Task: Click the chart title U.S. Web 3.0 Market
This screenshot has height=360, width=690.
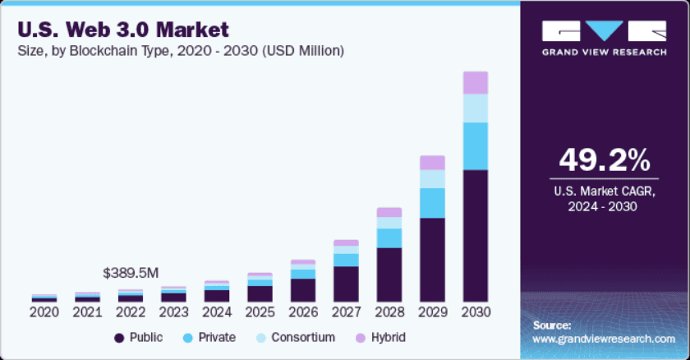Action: [123, 30]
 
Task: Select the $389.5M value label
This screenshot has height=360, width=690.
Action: [131, 272]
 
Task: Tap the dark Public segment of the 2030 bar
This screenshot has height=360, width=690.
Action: [475, 235]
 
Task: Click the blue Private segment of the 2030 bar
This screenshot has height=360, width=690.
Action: [475, 146]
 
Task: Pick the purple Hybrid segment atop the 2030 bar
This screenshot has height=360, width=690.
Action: [475, 83]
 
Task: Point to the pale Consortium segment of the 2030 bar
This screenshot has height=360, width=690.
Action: [475, 108]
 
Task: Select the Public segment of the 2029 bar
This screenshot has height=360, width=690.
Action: [432, 259]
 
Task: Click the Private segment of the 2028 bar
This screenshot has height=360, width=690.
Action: [389, 238]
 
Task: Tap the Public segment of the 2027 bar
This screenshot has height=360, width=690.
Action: [346, 284]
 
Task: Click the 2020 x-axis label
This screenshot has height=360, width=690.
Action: [44, 312]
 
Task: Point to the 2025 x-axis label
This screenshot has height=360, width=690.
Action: [260, 312]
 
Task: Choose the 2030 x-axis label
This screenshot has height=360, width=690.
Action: [475, 312]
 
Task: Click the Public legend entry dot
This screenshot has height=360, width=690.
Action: [120, 338]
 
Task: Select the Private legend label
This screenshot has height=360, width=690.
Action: [216, 338]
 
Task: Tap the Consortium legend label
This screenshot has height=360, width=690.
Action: [304, 338]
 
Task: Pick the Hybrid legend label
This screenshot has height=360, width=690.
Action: [387, 338]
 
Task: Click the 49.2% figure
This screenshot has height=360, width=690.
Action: [604, 160]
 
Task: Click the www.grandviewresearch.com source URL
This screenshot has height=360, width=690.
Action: [604, 339]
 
